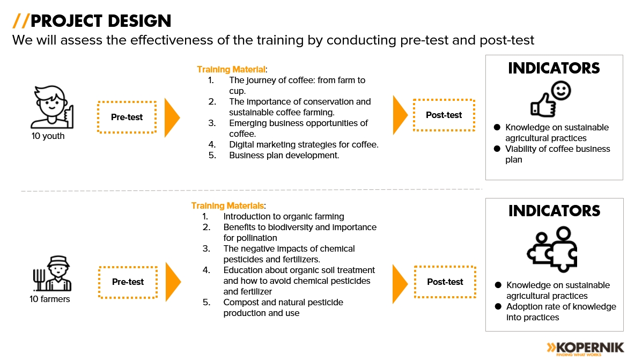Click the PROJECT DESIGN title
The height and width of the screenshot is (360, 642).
[x=101, y=21]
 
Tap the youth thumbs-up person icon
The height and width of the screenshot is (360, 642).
[x=52, y=107]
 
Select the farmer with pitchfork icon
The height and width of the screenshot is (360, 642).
[x=53, y=273]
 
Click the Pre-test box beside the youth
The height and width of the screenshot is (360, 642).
[x=127, y=117]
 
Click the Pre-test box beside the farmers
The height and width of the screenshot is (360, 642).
[x=128, y=282]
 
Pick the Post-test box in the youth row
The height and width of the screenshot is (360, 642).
[x=444, y=115]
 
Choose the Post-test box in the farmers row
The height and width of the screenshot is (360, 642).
[x=445, y=282]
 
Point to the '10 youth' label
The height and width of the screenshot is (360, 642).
[x=48, y=136]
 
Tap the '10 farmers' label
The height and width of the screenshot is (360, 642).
[x=49, y=299]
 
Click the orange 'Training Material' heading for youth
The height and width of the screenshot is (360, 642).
[x=231, y=70]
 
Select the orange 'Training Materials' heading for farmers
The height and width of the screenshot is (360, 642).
[x=227, y=205]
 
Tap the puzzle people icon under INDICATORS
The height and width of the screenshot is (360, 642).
[x=552, y=249]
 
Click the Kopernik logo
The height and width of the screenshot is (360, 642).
[x=585, y=349]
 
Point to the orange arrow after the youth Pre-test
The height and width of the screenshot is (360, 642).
[x=172, y=117]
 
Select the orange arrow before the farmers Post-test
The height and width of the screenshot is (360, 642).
[x=400, y=284]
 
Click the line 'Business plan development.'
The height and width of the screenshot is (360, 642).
[x=284, y=155]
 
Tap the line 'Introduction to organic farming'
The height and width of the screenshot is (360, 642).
[x=284, y=216]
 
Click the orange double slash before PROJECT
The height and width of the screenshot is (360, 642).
[x=20, y=21]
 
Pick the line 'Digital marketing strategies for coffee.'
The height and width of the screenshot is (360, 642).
[x=304, y=144]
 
